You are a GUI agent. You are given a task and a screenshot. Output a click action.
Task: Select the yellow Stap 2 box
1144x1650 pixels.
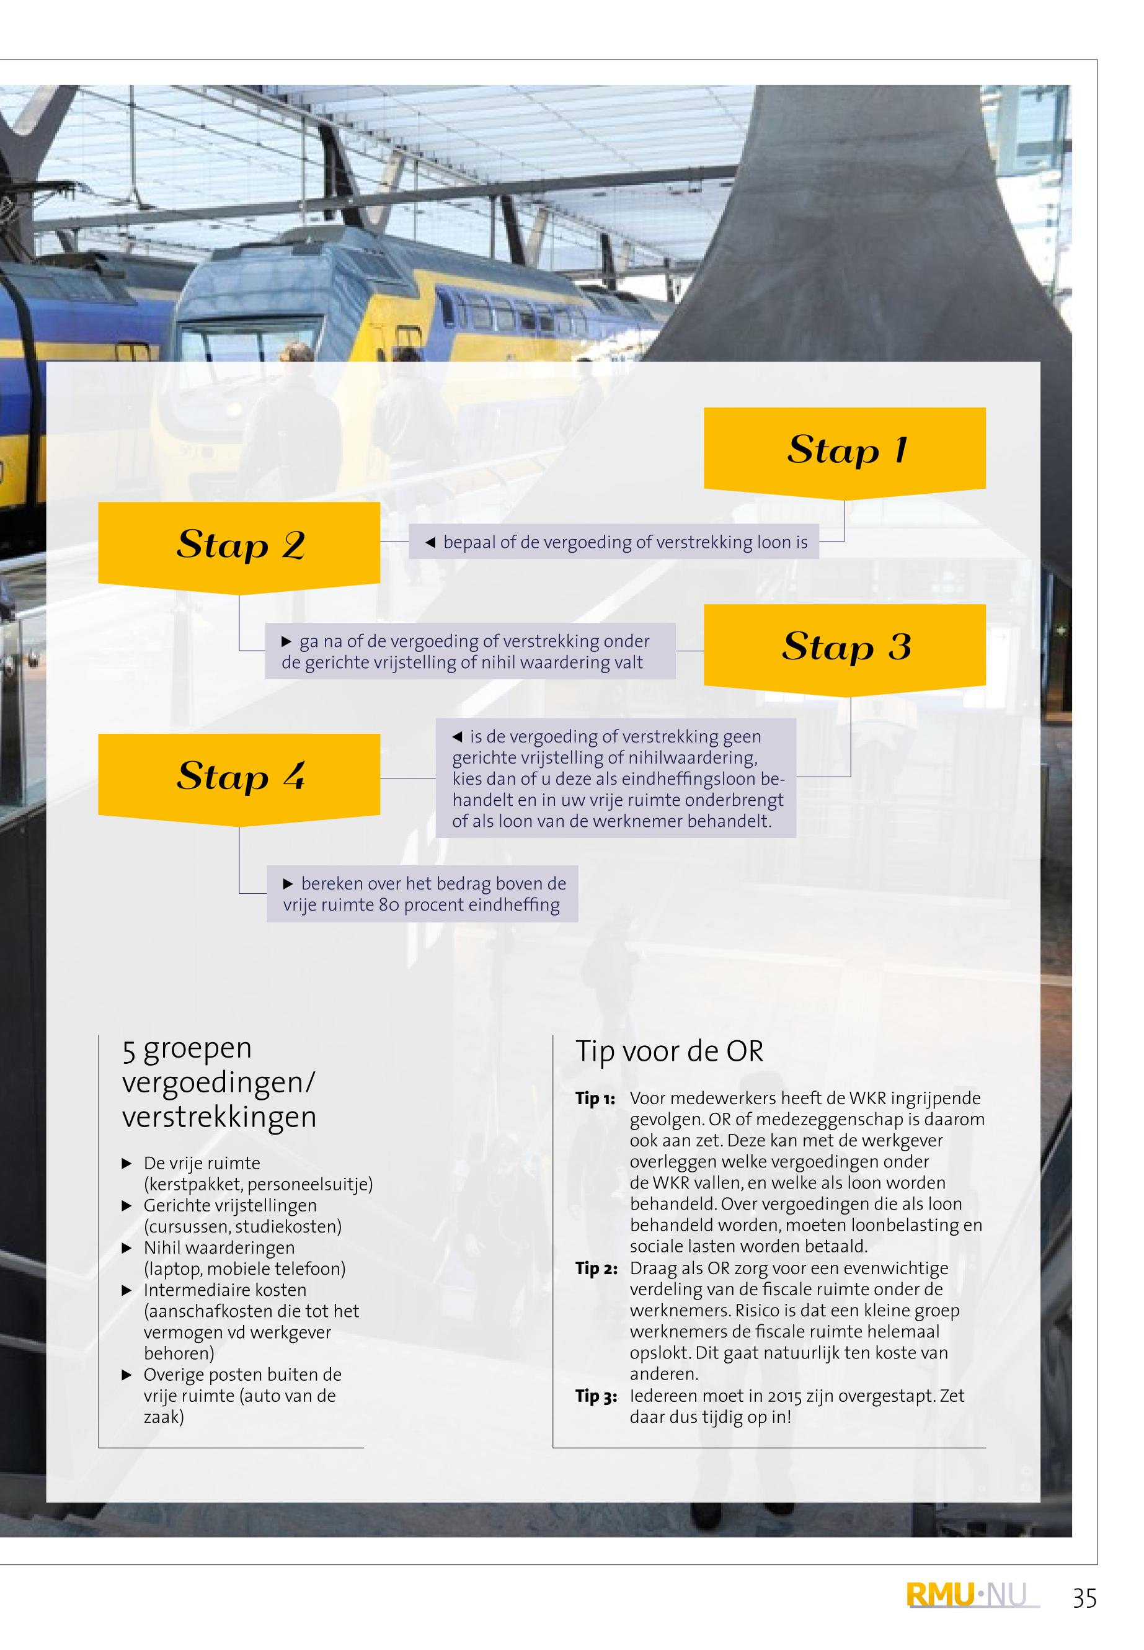tap(239, 547)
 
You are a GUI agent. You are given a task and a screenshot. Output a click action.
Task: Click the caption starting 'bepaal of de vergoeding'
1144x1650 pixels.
tap(614, 542)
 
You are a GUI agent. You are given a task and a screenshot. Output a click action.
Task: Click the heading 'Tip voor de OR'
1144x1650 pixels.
tap(670, 1052)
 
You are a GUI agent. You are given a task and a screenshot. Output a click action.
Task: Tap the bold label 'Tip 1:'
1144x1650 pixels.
tap(595, 1099)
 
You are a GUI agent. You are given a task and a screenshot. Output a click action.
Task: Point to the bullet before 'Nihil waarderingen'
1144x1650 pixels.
tap(127, 1249)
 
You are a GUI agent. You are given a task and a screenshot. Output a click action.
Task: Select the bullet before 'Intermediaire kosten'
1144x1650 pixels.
tap(127, 1291)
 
